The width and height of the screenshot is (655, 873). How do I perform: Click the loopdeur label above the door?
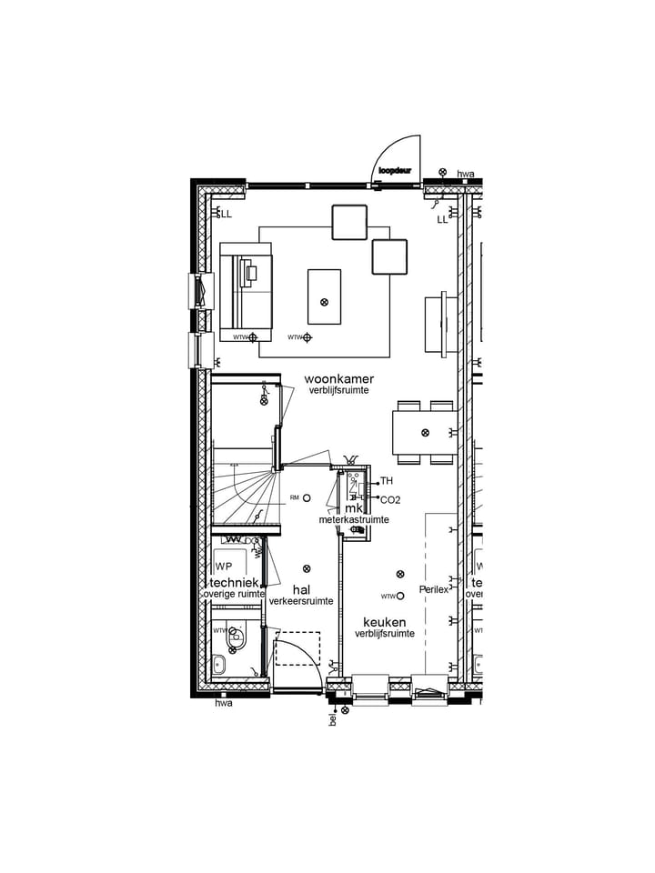click(x=396, y=169)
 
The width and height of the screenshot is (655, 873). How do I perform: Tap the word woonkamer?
click(x=338, y=378)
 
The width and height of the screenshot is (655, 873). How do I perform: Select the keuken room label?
click(x=385, y=622)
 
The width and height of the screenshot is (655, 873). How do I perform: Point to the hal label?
click(x=301, y=589)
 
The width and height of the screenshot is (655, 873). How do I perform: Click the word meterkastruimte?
click(x=354, y=519)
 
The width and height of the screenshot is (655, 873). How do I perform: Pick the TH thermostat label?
click(x=387, y=481)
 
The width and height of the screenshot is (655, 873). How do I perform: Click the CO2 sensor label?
click(x=390, y=499)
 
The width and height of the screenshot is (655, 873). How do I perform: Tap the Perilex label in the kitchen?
click(x=434, y=589)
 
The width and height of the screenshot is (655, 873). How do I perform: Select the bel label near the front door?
click(x=334, y=719)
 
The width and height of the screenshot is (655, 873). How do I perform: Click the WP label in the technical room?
click(x=224, y=567)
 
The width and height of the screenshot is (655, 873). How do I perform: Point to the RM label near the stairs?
click(x=294, y=497)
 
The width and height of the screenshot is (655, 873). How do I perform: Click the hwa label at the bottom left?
click(x=223, y=703)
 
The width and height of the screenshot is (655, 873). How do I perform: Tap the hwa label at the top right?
click(x=466, y=174)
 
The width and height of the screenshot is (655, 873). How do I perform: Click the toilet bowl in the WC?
click(x=237, y=637)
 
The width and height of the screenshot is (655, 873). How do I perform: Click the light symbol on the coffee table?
click(x=324, y=302)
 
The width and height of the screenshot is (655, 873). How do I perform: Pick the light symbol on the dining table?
click(x=425, y=433)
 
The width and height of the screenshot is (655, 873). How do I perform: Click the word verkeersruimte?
click(x=300, y=601)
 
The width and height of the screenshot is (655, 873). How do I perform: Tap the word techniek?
click(x=236, y=583)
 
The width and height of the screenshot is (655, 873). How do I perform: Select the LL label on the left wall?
click(x=226, y=215)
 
